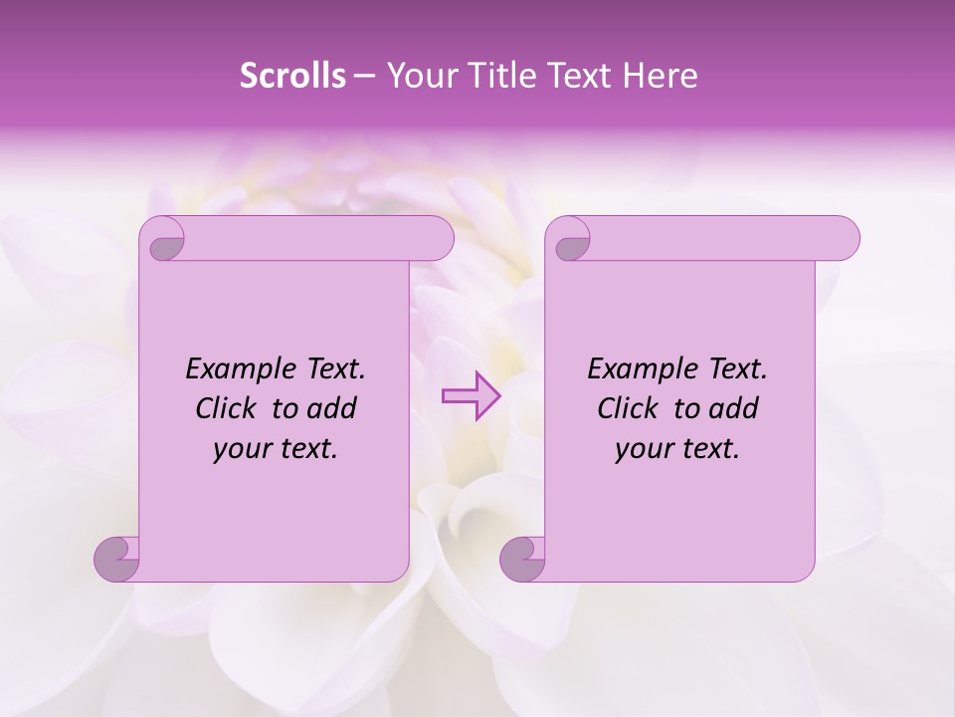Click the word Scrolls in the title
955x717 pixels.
(x=292, y=76)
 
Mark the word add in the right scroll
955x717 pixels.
(x=735, y=408)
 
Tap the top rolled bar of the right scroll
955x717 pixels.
(x=716, y=238)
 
